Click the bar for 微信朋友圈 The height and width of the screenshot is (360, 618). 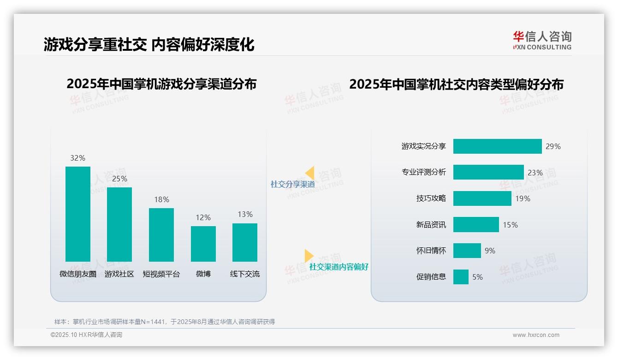(x=78, y=214)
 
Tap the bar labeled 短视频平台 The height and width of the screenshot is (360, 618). (x=161, y=235)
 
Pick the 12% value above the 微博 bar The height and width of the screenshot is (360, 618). (x=203, y=217)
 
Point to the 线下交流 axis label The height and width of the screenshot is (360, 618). (x=245, y=274)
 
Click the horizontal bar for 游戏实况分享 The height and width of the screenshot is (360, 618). (x=497, y=146)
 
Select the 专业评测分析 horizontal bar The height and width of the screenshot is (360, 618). (x=488, y=172)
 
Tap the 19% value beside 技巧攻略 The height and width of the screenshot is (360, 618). (x=523, y=198)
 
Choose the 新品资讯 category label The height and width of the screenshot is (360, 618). (x=431, y=225)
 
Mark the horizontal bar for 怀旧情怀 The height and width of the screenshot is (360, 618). (x=467, y=251)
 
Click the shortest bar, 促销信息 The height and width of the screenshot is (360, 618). (x=461, y=277)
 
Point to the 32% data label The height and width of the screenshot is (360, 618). (x=78, y=158)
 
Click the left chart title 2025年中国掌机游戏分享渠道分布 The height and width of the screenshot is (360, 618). (x=161, y=84)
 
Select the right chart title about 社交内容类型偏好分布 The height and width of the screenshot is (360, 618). (x=456, y=84)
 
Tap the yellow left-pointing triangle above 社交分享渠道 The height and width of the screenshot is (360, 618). (x=310, y=173)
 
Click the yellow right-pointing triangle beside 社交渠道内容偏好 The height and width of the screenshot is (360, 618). (x=309, y=256)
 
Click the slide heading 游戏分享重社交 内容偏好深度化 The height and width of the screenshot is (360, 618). (x=149, y=45)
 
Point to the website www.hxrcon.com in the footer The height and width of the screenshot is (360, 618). (x=536, y=335)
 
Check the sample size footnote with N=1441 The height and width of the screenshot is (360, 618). (x=165, y=322)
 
